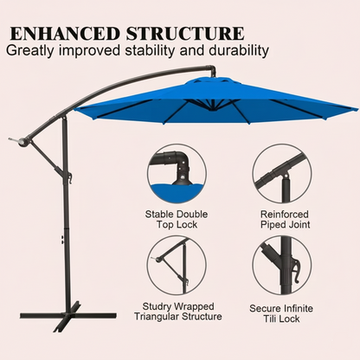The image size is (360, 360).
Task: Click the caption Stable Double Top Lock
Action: (177, 219)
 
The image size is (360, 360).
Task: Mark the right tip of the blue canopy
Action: (356, 110)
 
